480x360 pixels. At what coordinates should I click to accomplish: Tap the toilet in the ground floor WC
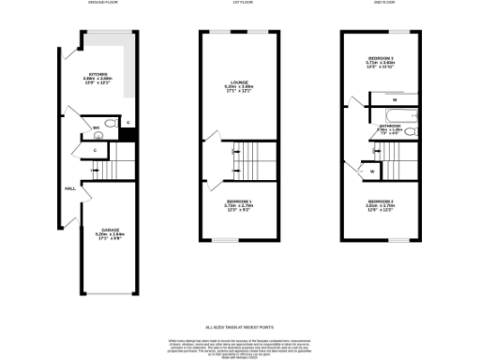111,124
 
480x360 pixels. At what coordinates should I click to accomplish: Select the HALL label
69,188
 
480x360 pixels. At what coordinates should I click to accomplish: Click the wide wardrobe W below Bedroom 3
395,98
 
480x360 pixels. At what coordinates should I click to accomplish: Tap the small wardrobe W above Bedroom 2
372,172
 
